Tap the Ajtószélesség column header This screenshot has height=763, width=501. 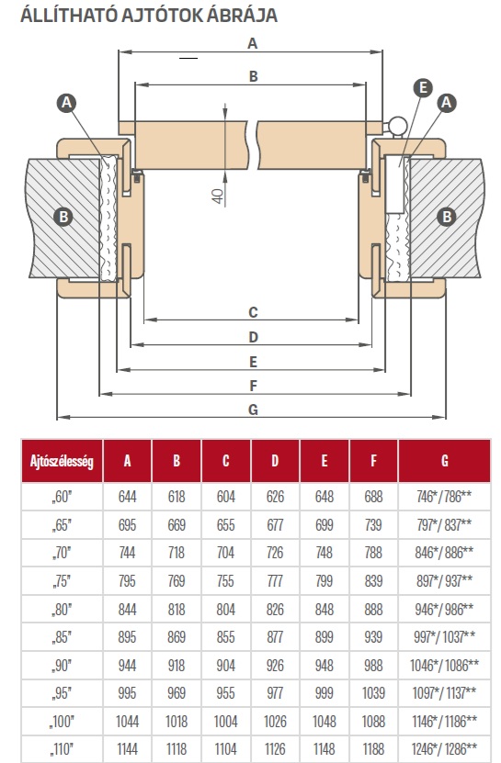tap(62, 461)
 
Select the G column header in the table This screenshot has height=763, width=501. tap(445, 461)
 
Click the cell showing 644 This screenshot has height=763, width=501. tap(127, 497)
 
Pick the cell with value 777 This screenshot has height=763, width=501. tap(275, 580)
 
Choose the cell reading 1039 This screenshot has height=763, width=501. tap(373, 693)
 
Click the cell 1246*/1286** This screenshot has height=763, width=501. tap(444, 749)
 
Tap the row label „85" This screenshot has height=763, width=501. tap(62, 637)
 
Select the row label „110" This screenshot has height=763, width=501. tap(62, 749)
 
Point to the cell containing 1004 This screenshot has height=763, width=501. tap(225, 721)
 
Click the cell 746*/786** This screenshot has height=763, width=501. tap(444, 497)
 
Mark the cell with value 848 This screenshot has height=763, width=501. tap(325, 610)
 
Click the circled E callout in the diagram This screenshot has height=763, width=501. tap(423, 88)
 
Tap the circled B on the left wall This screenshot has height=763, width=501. tap(63, 217)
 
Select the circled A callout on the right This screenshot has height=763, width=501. tap(446, 103)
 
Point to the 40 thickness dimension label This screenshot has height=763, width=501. tap(217, 196)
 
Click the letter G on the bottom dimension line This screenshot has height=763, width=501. tap(253, 410)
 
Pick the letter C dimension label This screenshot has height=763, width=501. tap(253, 312)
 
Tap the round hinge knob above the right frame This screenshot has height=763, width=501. tap(397, 124)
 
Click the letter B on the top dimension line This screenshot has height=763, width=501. tap(253, 76)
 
